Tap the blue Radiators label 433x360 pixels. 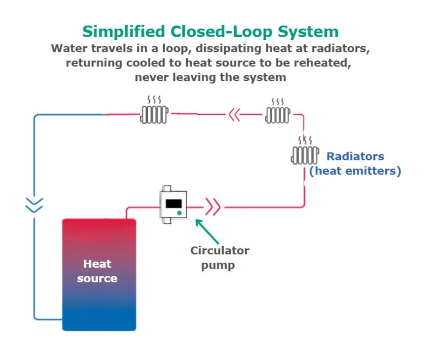pyautogui.click(x=355, y=156)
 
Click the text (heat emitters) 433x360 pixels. pyautogui.click(x=355, y=171)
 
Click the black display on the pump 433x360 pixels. pyautogui.click(x=173, y=203)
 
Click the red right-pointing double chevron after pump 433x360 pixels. pyautogui.click(x=213, y=208)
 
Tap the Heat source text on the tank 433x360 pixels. pyautogui.click(x=97, y=271)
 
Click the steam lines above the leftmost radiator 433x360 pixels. pyautogui.click(x=154, y=100)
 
